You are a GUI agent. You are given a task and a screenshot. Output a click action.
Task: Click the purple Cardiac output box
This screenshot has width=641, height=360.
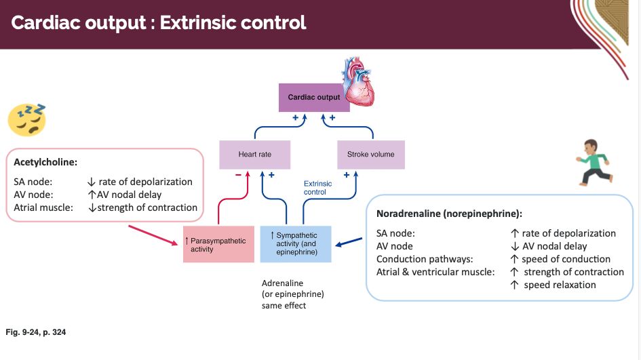pyautogui.click(x=313, y=98)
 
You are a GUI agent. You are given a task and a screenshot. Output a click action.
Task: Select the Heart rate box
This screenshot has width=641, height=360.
pyautogui.click(x=254, y=155)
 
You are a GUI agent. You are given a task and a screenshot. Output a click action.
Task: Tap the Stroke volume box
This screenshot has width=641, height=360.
pyautogui.click(x=370, y=155)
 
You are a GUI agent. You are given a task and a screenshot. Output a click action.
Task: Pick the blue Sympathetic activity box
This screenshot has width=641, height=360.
pyautogui.click(x=296, y=244)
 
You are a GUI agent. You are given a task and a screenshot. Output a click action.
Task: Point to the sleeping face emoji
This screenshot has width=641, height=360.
pyautogui.click(x=27, y=118)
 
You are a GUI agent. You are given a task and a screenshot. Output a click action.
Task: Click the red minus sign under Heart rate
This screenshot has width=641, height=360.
pyautogui.click(x=237, y=175)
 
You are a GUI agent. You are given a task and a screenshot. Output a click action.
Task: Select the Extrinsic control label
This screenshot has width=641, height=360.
pyautogui.click(x=317, y=188)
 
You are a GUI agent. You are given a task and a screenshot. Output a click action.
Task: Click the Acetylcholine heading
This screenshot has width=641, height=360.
pyautogui.click(x=45, y=163)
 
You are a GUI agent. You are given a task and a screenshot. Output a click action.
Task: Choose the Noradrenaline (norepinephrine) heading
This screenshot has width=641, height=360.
pyautogui.click(x=449, y=214)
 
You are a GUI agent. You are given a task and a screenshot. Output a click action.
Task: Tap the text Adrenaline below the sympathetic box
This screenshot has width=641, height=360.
pyautogui.click(x=282, y=283)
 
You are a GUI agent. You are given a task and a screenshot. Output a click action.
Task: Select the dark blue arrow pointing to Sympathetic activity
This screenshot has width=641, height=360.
pyautogui.click(x=350, y=241)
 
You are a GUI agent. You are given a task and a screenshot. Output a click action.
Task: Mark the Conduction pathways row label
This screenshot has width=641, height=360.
pyautogui.click(x=425, y=259)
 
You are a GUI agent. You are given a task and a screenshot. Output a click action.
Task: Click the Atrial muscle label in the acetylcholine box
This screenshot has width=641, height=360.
pyautogui.click(x=43, y=207)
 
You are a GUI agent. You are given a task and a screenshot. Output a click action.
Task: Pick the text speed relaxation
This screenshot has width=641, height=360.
pyautogui.click(x=560, y=285)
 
